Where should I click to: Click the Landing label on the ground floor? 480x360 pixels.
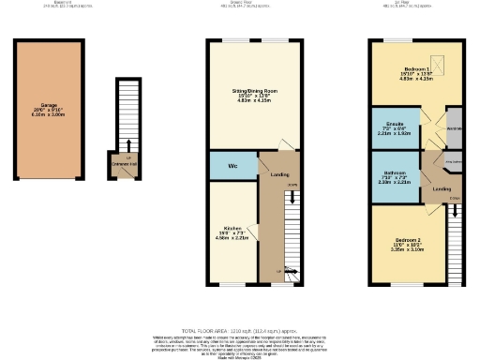coord(279,174)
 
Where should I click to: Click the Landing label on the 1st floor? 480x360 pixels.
coord(442,190)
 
